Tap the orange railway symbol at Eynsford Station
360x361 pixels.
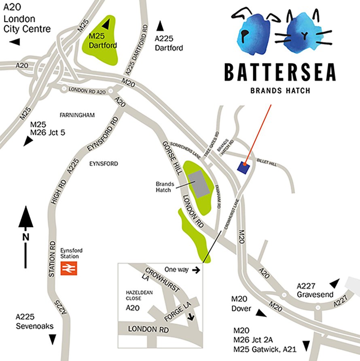pos(69,268)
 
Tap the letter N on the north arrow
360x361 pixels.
pos(25,237)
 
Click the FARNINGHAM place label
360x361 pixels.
pos(77,115)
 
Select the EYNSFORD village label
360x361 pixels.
pos(103,164)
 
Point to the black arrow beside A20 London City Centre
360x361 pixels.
pos(15,42)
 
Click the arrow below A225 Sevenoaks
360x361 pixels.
pos(52,340)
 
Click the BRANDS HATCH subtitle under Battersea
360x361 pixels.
pos(280,91)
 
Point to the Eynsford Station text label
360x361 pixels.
pos(69,253)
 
